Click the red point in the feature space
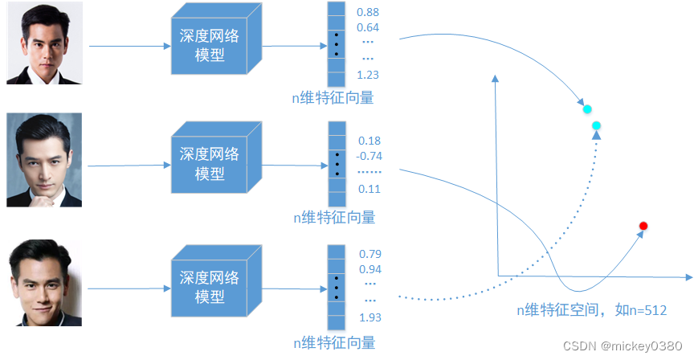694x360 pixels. [x=643, y=226]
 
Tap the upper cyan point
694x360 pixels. [x=587, y=108]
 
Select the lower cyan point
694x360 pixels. [x=597, y=125]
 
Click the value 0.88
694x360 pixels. [x=368, y=13]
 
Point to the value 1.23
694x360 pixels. [x=368, y=75]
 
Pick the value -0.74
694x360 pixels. [x=369, y=156]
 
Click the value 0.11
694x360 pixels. [x=369, y=189]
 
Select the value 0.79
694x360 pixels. [x=369, y=254]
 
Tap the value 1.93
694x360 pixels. [x=369, y=318]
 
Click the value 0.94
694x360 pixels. [x=369, y=269]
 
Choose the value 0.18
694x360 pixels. [x=369, y=141]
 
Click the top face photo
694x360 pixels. [x=44, y=43]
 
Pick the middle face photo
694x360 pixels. [x=44, y=160]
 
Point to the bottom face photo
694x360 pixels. [x=44, y=283]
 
